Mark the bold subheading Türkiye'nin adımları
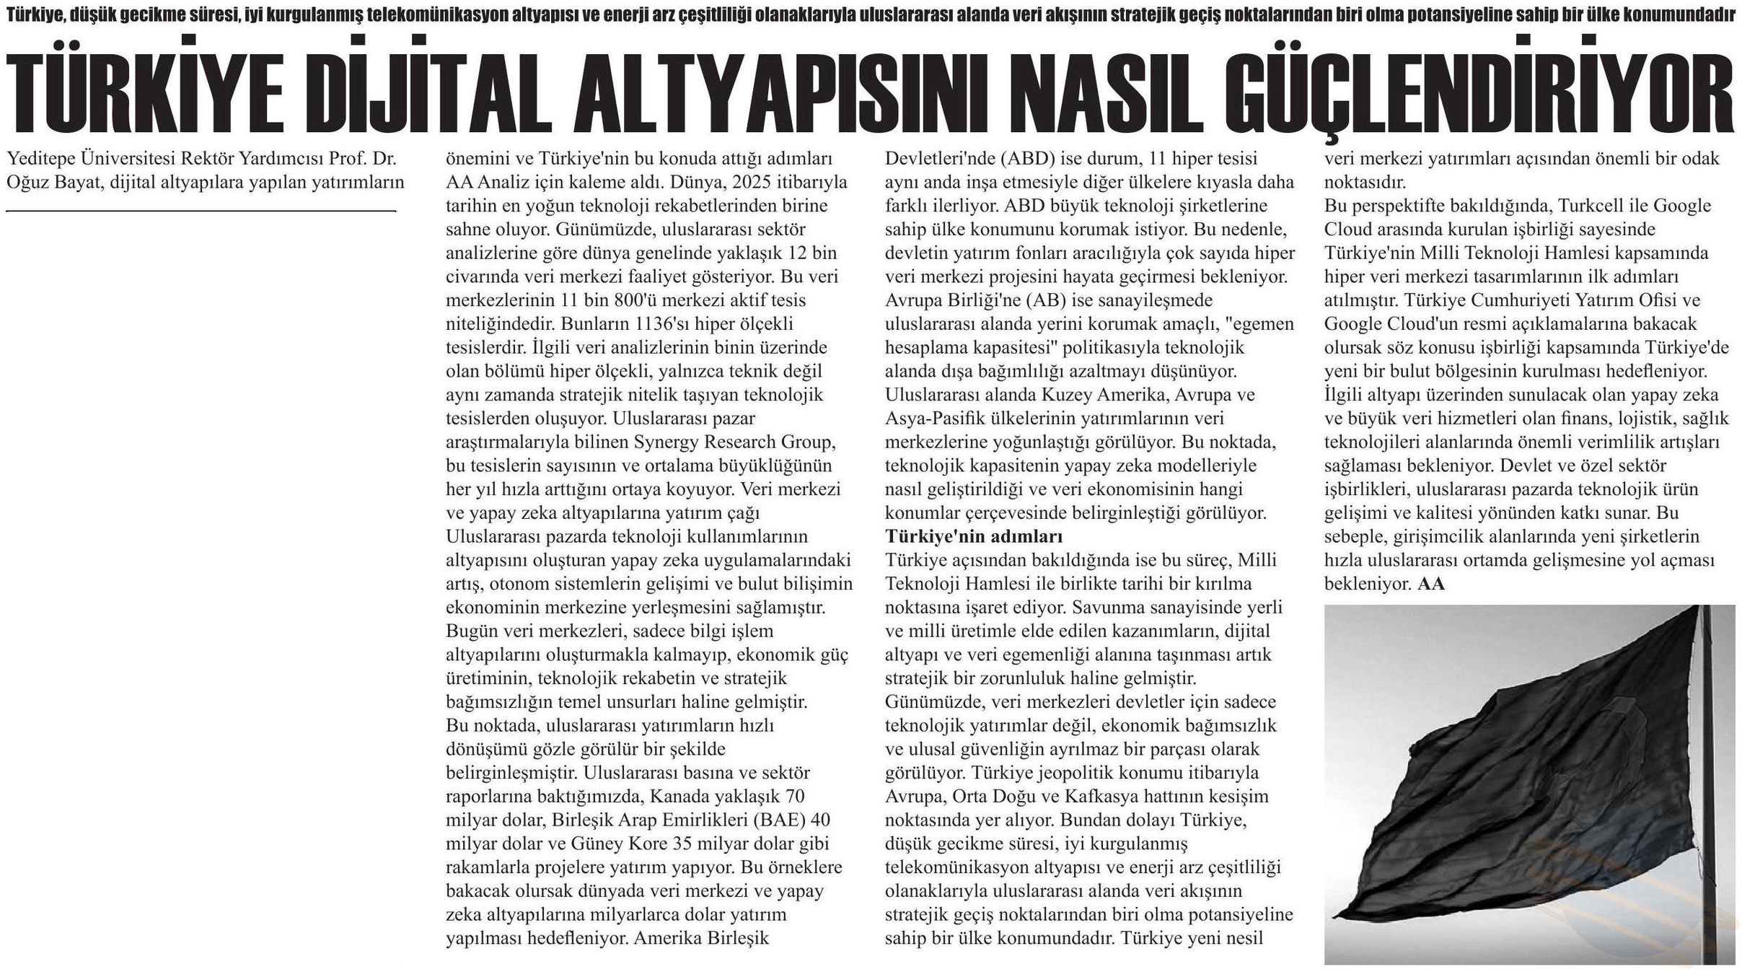click(x=974, y=536)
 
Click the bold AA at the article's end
click(x=1431, y=584)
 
